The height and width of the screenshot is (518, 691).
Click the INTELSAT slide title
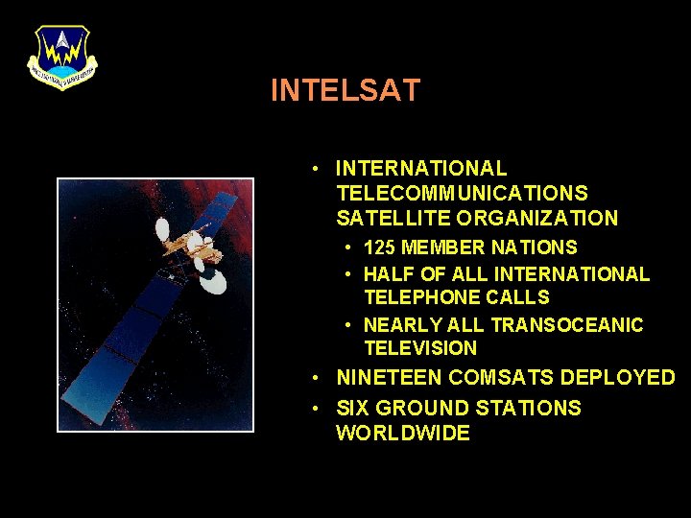pos(345,91)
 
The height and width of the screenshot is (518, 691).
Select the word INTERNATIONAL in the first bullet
pos(421,169)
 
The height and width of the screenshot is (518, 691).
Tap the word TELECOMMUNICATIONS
pos(462,194)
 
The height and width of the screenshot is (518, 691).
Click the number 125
pos(380,248)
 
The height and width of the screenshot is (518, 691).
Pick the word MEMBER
pos(441,248)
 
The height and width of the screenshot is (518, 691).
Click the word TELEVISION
pos(420,349)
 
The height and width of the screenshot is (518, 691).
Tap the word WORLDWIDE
pos(403,434)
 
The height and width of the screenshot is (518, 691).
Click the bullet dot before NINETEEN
pos(316,378)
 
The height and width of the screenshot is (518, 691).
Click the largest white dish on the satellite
pos(214,281)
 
